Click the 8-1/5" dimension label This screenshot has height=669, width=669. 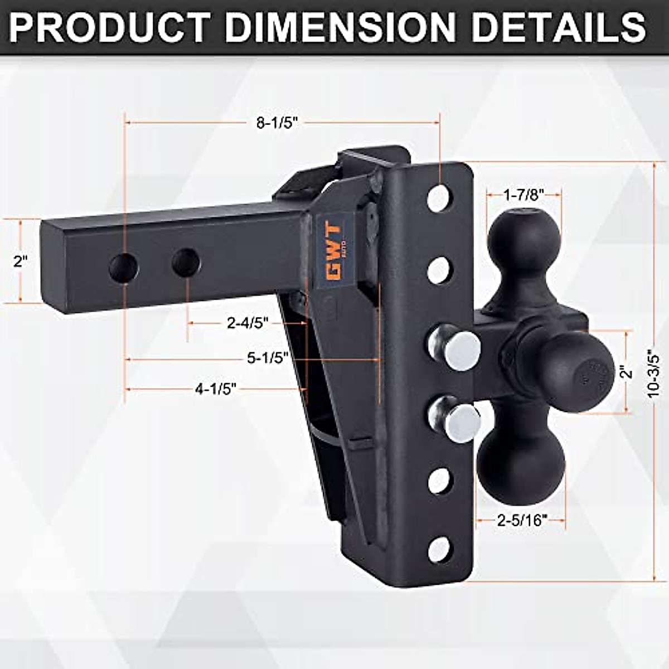point(277,123)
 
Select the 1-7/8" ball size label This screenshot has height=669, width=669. point(523,195)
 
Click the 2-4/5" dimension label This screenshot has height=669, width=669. point(248,322)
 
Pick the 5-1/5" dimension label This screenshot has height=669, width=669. point(268,358)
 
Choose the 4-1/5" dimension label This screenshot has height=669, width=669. point(216,389)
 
